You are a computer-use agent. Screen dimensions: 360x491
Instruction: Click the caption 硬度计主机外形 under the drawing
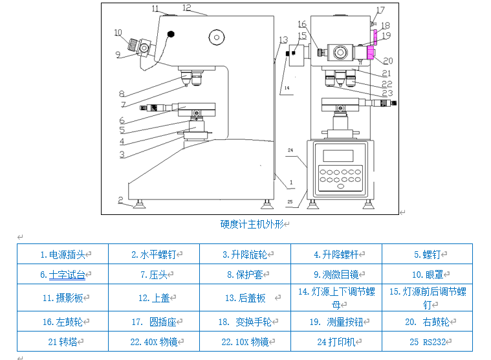click(252, 224)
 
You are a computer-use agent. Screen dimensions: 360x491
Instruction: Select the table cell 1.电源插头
click(62, 254)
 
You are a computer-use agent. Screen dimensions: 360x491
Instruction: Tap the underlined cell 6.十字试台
click(63, 275)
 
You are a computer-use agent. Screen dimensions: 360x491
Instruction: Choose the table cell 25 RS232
click(427, 341)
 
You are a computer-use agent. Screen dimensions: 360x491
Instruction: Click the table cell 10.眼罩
click(427, 275)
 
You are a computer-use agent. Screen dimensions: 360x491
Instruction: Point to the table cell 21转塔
click(62, 341)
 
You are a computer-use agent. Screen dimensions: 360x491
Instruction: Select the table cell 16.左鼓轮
click(62, 321)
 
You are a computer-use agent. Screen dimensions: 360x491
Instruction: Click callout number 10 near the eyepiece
click(117, 32)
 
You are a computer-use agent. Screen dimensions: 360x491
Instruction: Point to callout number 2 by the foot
click(120, 199)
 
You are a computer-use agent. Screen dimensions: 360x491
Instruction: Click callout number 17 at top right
click(380, 10)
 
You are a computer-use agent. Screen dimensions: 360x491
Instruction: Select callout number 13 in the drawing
click(283, 40)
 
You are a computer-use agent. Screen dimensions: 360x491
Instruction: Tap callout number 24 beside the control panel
click(290, 151)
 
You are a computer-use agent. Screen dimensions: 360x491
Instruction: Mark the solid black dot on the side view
click(171, 34)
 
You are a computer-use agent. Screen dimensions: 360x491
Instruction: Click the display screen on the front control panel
click(338, 156)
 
